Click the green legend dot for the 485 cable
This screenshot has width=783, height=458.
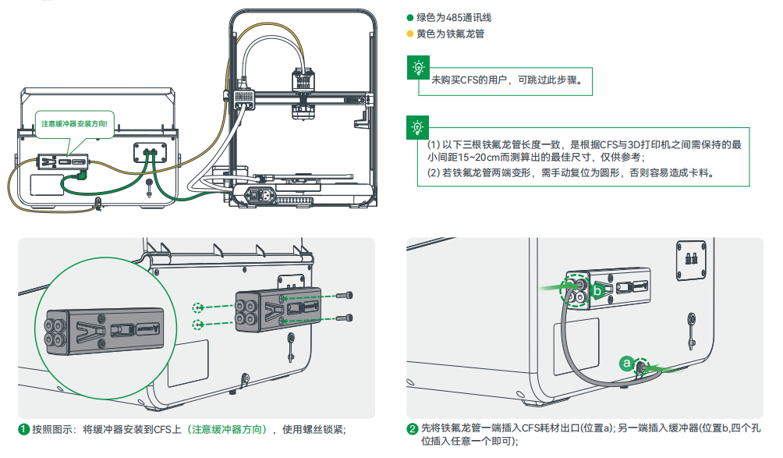click(x=410, y=17)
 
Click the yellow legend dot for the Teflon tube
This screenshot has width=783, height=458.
click(x=410, y=34)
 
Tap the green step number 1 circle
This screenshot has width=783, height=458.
click(x=24, y=429)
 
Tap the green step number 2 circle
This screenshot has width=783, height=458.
click(x=413, y=429)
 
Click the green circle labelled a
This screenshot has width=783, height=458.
click(x=625, y=363)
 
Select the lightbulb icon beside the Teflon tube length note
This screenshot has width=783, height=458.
click(x=419, y=126)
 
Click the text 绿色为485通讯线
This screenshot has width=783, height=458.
click(x=454, y=17)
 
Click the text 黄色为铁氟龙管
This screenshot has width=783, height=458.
click(x=452, y=34)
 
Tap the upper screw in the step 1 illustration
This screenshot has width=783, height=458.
click(x=348, y=296)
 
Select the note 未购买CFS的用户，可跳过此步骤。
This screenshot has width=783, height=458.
click(x=507, y=80)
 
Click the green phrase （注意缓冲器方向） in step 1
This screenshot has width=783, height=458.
click(x=228, y=429)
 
